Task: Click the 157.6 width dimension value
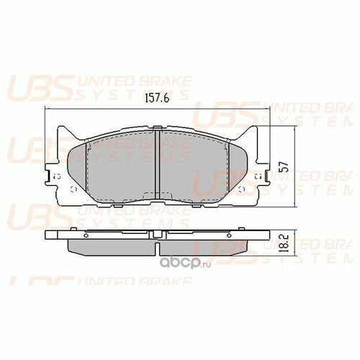click(x=156, y=100)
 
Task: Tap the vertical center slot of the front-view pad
click(x=157, y=162)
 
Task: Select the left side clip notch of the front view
click(x=48, y=175)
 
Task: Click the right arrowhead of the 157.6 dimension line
click(x=267, y=109)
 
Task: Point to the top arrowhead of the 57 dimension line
click(x=296, y=128)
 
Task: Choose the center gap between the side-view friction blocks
click(x=157, y=247)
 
